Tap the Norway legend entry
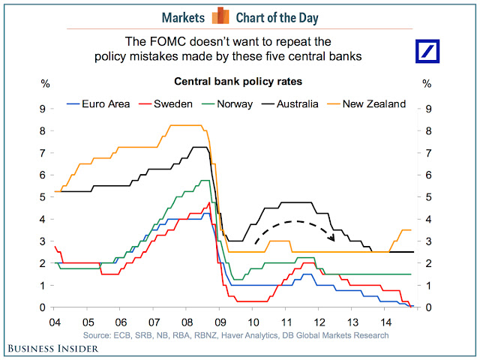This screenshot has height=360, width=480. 234,103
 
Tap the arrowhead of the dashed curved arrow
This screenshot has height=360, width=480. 331,238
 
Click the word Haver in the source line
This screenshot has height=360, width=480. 250,335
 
